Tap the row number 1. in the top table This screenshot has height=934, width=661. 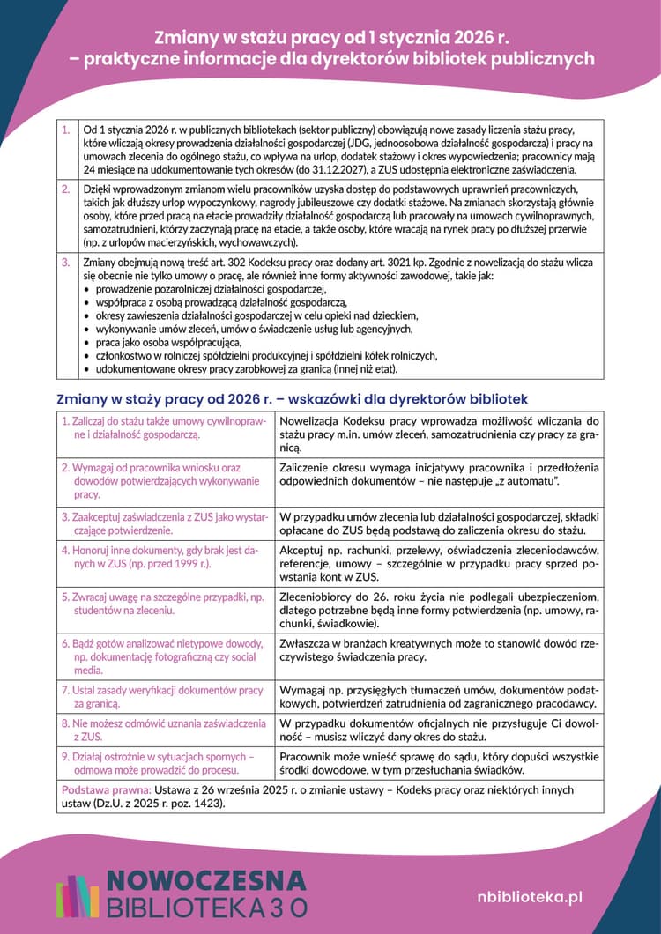65,130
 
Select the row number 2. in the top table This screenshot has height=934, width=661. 65,189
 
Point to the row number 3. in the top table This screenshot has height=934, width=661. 65,263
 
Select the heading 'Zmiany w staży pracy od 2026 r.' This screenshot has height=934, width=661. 291,399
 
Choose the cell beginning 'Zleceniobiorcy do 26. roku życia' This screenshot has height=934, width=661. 438,610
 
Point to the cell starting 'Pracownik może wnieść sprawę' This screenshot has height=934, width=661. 438,763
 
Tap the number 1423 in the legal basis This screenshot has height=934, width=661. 207,804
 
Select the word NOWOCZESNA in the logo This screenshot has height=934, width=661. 206,880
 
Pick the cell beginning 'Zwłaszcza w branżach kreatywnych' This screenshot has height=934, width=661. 438,650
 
